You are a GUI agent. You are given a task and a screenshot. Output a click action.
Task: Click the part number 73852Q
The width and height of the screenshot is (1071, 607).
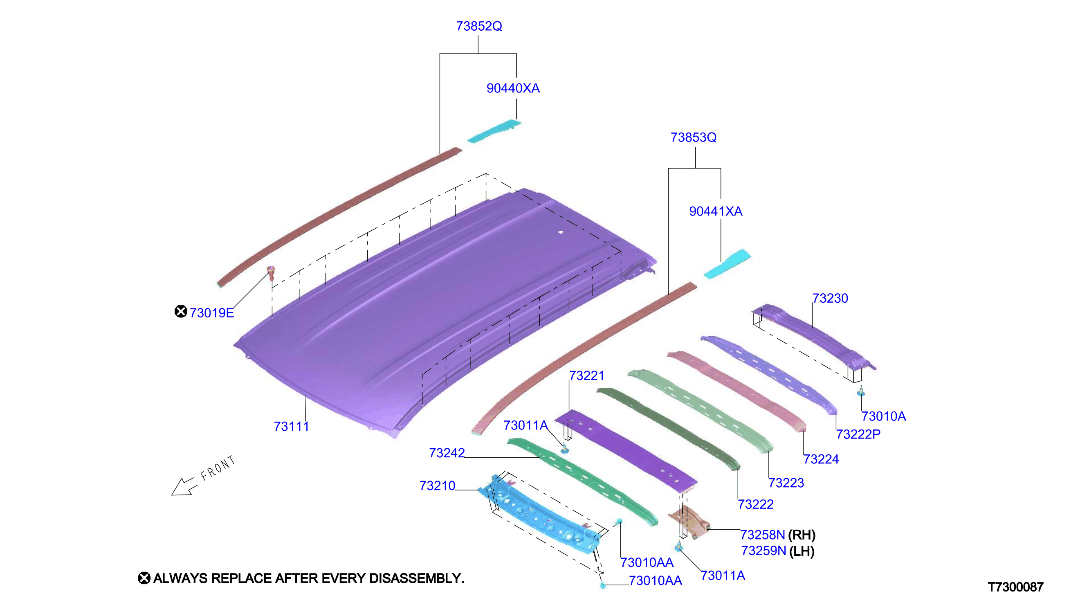(479, 26)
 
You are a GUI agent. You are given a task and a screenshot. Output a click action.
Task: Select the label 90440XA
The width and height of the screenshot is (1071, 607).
(513, 88)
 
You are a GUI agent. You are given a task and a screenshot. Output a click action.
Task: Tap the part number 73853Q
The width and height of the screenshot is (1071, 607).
(694, 137)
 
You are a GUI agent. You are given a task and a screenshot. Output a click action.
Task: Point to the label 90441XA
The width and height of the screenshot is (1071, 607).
(716, 211)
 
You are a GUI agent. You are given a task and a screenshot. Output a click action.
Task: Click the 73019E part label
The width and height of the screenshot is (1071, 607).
(212, 313)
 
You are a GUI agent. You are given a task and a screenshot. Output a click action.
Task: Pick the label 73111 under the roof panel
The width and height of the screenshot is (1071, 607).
(291, 427)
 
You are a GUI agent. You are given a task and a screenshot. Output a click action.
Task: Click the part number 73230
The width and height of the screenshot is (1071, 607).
(830, 299)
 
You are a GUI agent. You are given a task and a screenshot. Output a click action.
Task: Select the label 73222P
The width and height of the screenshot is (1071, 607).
(858, 434)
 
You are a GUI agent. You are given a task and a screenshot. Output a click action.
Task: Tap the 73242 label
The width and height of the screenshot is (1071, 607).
(447, 453)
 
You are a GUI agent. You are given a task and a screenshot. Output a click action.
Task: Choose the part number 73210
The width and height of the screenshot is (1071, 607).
(437, 486)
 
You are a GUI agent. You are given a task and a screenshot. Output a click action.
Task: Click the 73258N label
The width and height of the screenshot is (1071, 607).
(762, 535)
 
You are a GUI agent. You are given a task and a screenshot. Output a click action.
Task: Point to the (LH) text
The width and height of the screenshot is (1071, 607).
(802, 551)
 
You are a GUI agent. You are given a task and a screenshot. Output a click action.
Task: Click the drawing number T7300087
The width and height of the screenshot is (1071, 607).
(1015, 587)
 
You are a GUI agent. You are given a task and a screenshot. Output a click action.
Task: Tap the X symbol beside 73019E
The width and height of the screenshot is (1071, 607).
(180, 311)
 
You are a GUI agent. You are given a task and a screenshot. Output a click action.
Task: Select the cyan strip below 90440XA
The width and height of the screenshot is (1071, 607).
(494, 131)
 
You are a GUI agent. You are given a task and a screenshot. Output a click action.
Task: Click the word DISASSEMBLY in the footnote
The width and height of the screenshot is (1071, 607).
(416, 579)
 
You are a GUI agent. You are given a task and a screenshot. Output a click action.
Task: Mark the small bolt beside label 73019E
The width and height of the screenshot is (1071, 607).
(271, 274)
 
